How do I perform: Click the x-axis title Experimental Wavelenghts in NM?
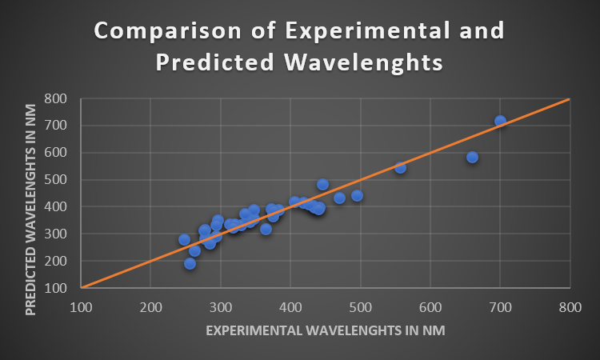[x=325, y=330]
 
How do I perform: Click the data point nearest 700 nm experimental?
[x=500, y=122]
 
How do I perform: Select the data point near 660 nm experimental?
[x=472, y=158]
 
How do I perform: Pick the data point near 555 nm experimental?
[x=400, y=167]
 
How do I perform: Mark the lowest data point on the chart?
[x=190, y=263]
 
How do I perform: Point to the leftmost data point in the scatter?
[x=184, y=239]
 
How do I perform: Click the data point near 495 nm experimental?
[x=357, y=195]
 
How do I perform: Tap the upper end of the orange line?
[x=569, y=99]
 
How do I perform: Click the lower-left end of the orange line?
[x=82, y=287]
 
